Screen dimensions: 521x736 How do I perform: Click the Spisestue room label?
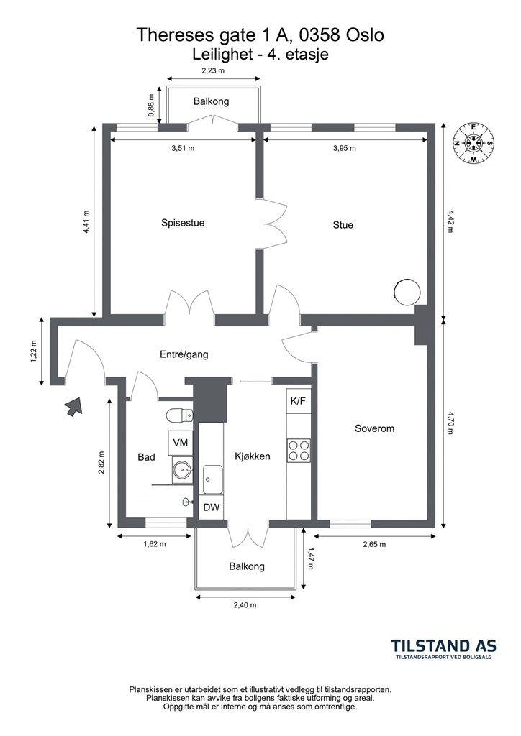tap(183, 223)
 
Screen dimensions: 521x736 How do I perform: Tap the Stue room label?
tap(343, 225)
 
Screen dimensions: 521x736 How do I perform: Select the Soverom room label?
tap(374, 428)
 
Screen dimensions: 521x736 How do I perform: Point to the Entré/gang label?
tap(184, 355)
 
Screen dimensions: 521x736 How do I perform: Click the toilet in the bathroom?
tap(179, 415)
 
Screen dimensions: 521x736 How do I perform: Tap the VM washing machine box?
tap(181, 442)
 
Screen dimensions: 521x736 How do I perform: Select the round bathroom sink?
tap(182, 469)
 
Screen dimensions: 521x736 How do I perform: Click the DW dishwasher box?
tap(211, 507)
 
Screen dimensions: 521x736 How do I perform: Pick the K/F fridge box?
tap(299, 401)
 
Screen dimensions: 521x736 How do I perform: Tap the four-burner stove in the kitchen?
tap(299, 450)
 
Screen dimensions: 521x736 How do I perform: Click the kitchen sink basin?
tap(212, 479)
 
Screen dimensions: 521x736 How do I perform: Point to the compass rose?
tap(473, 143)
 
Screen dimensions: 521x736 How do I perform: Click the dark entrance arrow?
tap(73, 405)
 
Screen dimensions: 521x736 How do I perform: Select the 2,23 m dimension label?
tap(213, 71)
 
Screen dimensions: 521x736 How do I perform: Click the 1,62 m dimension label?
tap(155, 544)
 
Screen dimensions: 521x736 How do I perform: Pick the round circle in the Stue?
tap(406, 292)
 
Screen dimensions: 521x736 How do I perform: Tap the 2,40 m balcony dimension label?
tap(245, 605)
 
